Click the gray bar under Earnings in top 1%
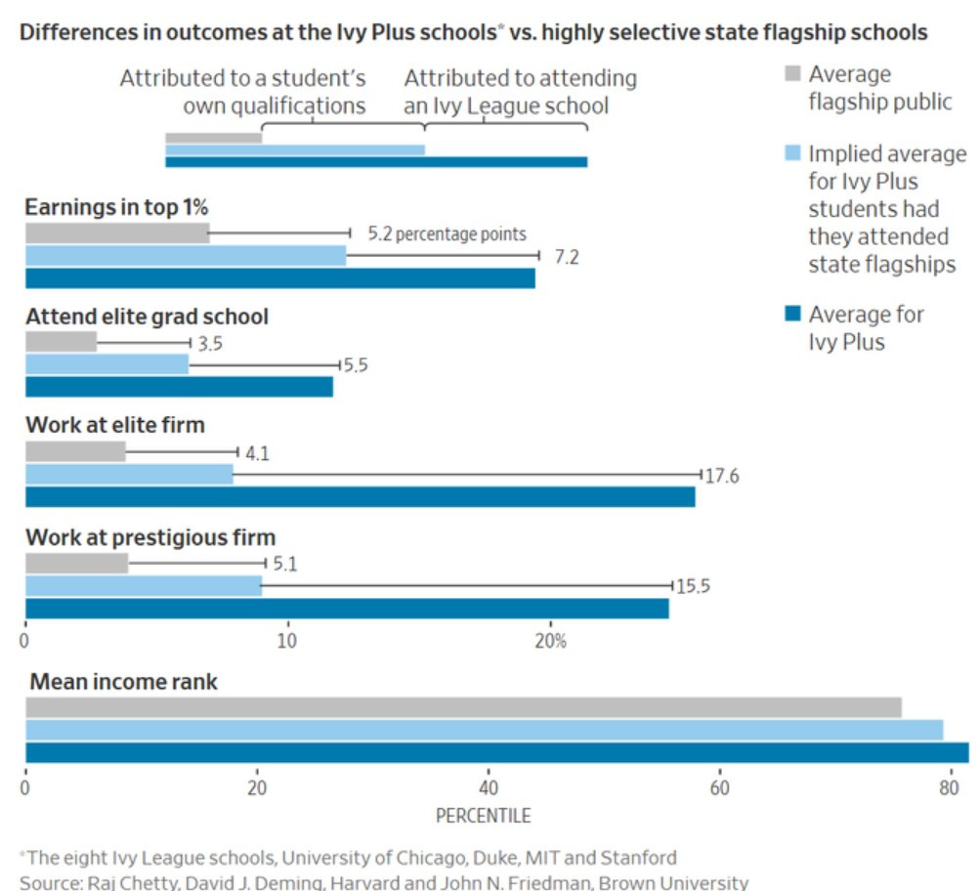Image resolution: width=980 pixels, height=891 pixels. coord(116,233)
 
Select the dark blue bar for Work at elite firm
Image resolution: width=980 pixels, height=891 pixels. coord(360,496)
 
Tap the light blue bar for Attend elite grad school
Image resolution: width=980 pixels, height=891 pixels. coord(107,364)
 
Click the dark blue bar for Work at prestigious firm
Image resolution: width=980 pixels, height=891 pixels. coord(347,608)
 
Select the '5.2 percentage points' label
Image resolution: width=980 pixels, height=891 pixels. coord(447,234)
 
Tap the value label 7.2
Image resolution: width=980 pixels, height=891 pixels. coord(567,258)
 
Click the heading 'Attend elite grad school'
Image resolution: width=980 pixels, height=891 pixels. coord(147,317)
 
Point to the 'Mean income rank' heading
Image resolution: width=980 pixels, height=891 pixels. coord(124,682)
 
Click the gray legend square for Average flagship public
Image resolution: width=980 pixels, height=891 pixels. coord(792,74)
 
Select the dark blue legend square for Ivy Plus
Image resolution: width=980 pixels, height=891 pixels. coord(792,314)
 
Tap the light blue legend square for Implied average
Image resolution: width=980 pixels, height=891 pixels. coord(792,153)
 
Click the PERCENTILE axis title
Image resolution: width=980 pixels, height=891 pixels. coord(483,815)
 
